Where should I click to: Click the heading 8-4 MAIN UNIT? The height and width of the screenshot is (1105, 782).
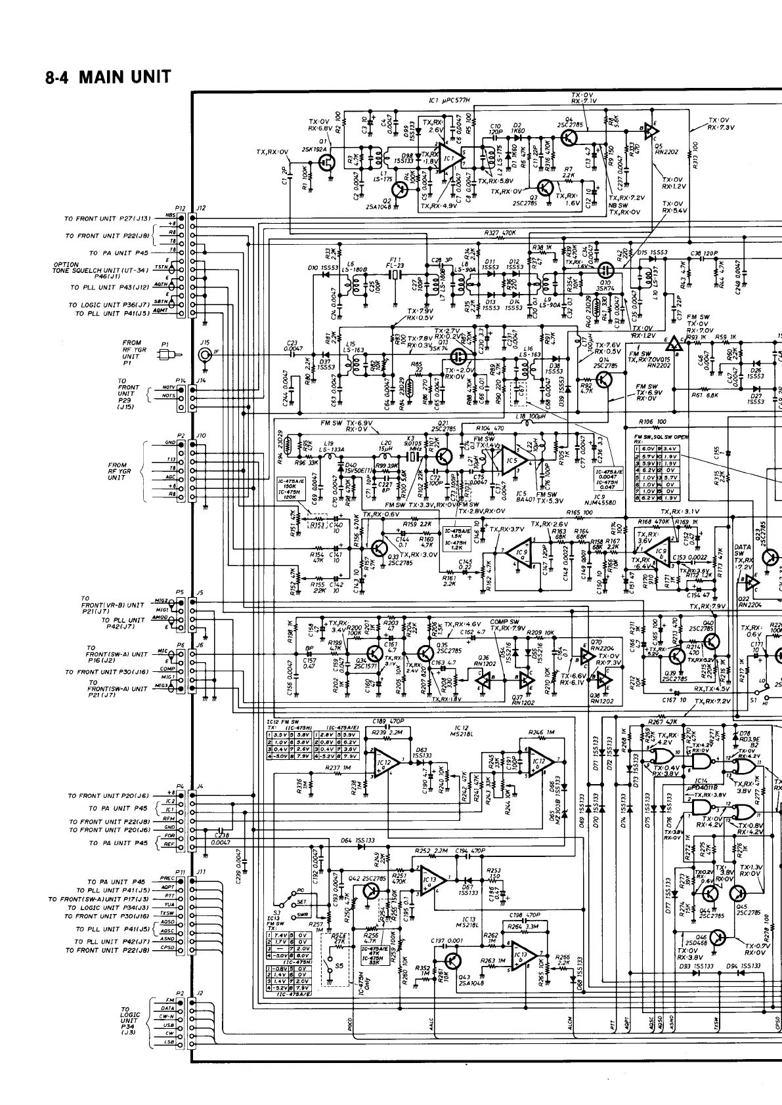(108, 77)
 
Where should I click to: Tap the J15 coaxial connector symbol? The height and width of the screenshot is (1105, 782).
(206, 355)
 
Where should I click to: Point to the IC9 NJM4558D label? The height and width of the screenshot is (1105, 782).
(607, 499)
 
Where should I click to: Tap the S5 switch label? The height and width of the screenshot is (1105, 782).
(339, 965)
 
